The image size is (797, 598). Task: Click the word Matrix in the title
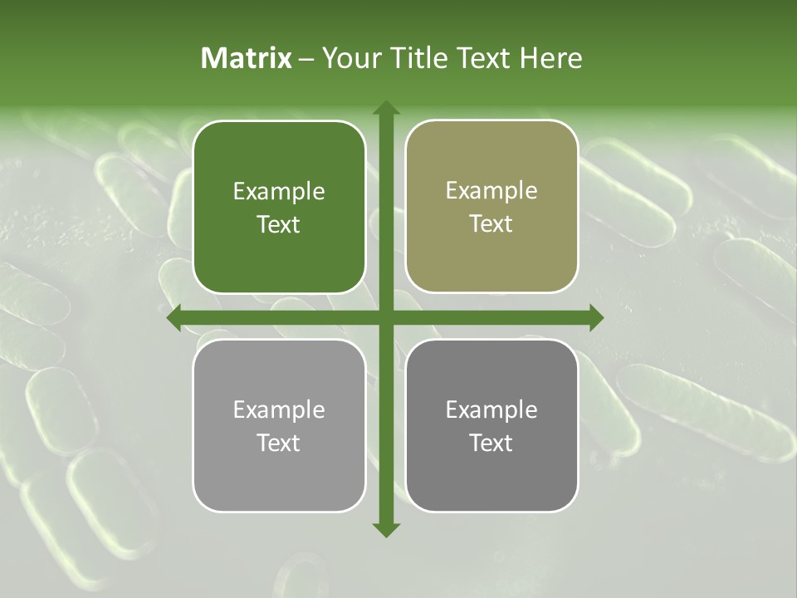coord(247,58)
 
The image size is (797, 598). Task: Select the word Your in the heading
coord(350,58)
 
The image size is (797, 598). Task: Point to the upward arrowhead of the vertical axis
coord(385,108)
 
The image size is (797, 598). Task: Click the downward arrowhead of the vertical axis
coord(385,529)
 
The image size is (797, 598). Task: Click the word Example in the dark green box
coord(279,192)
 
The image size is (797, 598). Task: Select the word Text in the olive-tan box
coord(491,224)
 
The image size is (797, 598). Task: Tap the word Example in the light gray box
coord(279,410)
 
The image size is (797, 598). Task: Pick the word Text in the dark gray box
coord(491,443)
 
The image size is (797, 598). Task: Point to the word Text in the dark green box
coord(279,225)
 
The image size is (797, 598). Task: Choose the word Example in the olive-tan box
coord(491,191)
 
